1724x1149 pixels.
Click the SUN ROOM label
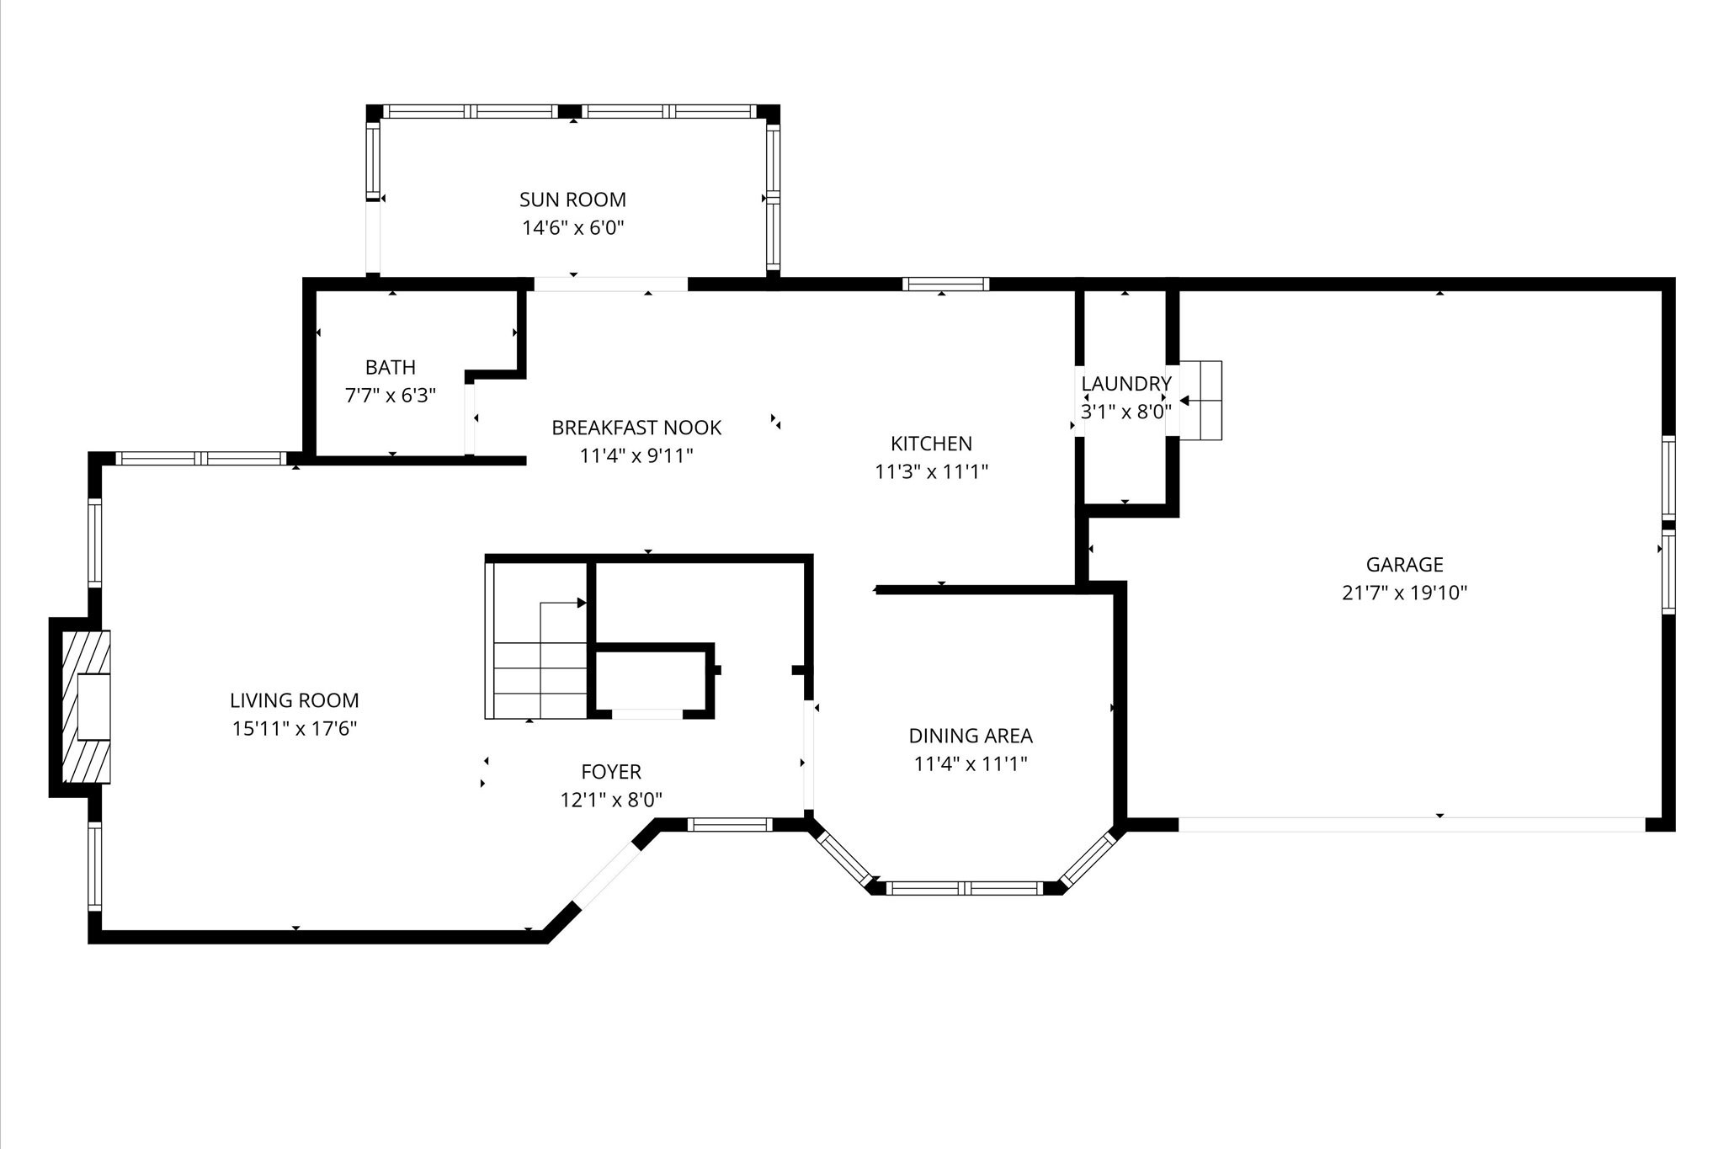[x=572, y=199]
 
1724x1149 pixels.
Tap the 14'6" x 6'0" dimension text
[x=572, y=227]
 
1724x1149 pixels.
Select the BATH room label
[x=391, y=367]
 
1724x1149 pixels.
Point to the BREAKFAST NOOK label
[x=636, y=428]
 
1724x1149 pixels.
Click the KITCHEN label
[x=931, y=444]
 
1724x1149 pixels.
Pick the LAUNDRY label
[x=1126, y=384]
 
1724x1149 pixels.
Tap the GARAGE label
[x=1404, y=565]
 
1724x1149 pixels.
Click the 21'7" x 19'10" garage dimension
[x=1404, y=593]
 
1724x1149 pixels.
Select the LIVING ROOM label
[x=295, y=700]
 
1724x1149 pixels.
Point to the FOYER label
[x=611, y=771]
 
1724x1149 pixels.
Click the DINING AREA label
[x=971, y=736]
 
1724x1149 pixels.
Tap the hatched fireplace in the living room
[x=85, y=707]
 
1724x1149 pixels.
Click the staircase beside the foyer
[x=536, y=640]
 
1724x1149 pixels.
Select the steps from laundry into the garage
[x=1200, y=401]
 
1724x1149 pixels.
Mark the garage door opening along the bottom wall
[x=1412, y=825]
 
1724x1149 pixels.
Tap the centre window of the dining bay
[x=966, y=887]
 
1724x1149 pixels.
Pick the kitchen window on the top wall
[x=945, y=284]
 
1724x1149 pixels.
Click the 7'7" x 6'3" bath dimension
[x=391, y=395]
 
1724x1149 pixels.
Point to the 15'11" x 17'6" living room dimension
[x=295, y=728]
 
